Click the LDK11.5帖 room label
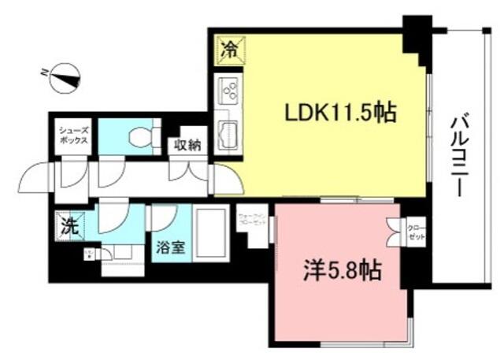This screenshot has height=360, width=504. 339,113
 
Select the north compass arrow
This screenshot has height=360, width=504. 61,76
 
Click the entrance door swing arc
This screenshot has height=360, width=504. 36,174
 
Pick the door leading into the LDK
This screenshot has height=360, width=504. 226,179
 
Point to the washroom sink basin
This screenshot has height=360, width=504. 118,253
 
